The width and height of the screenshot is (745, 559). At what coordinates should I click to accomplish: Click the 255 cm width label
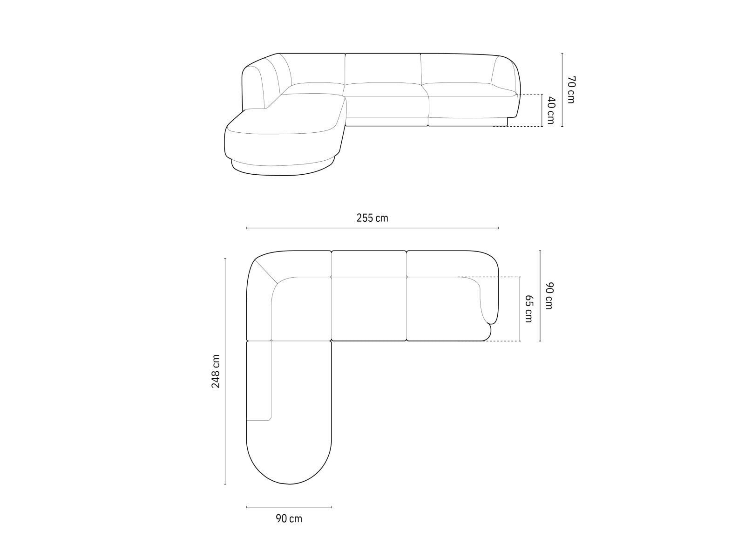[372, 218]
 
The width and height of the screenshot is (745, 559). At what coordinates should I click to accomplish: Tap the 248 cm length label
[216, 371]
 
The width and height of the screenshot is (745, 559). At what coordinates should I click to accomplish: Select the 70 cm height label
[571, 89]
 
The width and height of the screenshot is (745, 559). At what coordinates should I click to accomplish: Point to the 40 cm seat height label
[551, 110]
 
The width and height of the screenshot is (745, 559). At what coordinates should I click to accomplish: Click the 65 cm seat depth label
[529, 308]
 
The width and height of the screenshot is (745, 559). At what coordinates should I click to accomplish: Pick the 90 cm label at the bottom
[289, 518]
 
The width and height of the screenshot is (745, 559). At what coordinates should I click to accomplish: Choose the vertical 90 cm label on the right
[549, 296]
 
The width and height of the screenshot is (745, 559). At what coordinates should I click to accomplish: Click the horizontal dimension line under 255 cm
[372, 228]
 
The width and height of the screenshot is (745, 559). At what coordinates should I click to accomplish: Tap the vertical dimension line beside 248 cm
[225, 371]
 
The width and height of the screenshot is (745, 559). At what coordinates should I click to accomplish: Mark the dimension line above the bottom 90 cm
[289, 507]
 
